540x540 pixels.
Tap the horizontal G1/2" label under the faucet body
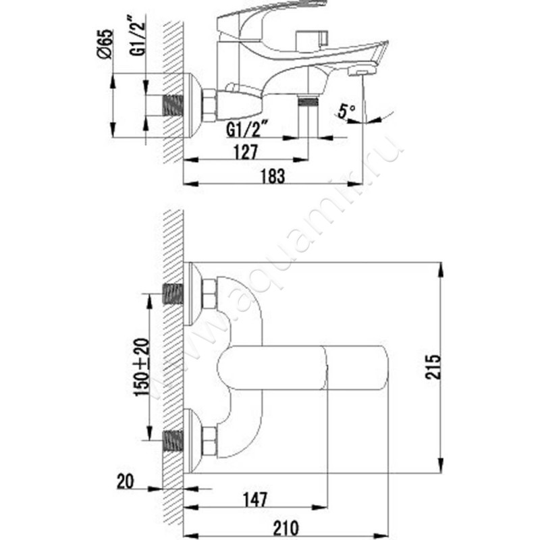pyautogui.click(x=248, y=128)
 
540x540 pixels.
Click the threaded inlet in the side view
pyautogui.click(x=174, y=105)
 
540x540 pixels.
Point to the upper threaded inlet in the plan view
pyautogui.click(x=173, y=294)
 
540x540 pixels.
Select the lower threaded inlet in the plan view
pyautogui.click(x=173, y=441)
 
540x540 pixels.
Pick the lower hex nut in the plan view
pyautogui.click(x=209, y=441)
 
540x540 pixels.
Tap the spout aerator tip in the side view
pyautogui.click(x=362, y=70)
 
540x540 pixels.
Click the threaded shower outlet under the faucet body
pyautogui.click(x=308, y=103)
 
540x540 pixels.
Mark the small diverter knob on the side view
pyautogui.click(x=317, y=38)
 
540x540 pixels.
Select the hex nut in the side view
pyautogui.click(x=209, y=105)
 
